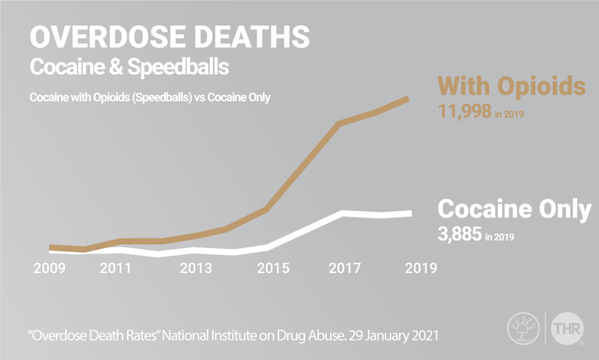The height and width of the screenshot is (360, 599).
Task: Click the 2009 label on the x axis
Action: tap(49, 268)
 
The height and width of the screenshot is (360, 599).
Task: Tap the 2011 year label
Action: tap(116, 268)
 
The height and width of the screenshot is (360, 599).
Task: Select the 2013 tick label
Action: tap(196, 268)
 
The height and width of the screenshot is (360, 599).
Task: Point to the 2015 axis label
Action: tap(273, 268)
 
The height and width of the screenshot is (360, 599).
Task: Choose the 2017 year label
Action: tap(345, 268)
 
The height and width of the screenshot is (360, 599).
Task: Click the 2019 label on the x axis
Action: tap(421, 268)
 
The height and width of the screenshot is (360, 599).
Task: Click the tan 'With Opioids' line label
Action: tap(511, 87)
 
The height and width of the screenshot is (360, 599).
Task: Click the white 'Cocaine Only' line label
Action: tap(514, 210)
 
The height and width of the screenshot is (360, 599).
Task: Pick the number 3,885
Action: tap(460, 234)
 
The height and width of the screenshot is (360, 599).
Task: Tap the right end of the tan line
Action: tap(408, 99)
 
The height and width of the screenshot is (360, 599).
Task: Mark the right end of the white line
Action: tap(410, 213)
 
